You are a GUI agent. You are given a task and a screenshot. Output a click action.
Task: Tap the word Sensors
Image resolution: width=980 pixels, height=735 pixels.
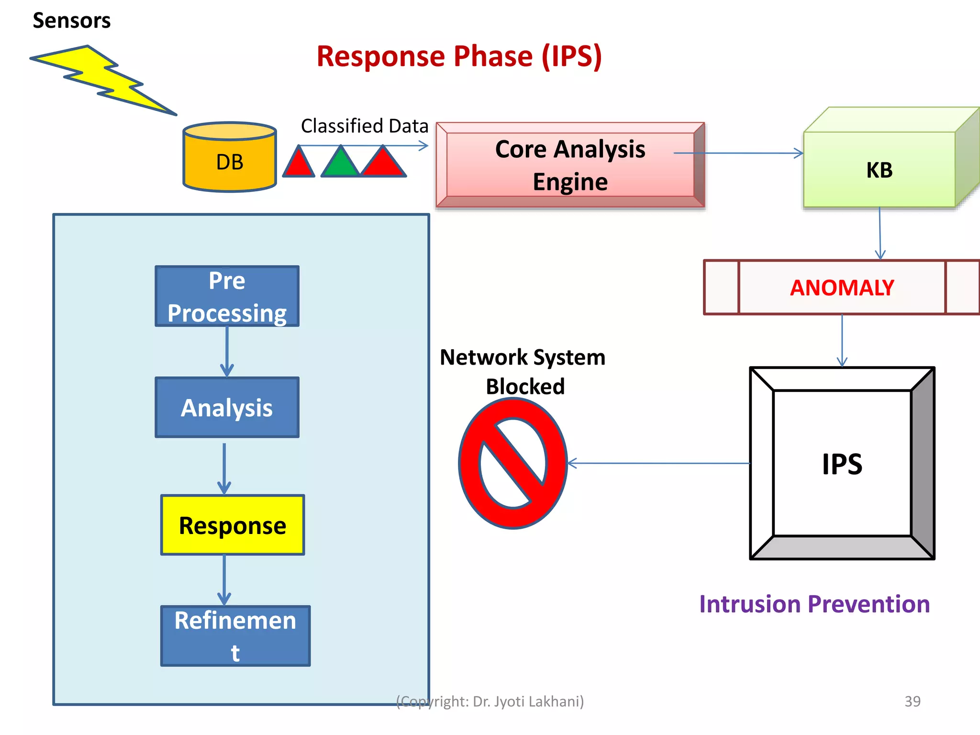click(x=71, y=21)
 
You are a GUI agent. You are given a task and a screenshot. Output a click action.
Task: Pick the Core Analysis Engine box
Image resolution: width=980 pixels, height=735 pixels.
click(x=569, y=165)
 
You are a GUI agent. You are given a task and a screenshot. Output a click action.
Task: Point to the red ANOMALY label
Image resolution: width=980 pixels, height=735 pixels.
click(x=842, y=288)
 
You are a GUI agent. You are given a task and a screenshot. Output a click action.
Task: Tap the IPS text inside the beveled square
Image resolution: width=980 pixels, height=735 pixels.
click(x=842, y=464)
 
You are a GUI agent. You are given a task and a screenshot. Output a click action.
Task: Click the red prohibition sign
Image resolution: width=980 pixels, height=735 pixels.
click(x=513, y=463)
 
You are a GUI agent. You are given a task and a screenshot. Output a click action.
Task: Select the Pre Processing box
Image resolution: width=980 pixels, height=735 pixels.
click(x=227, y=297)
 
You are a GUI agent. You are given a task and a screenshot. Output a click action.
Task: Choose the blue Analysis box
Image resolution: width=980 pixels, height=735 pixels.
click(x=227, y=408)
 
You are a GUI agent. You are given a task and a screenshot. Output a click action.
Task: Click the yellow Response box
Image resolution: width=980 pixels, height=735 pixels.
click(x=233, y=525)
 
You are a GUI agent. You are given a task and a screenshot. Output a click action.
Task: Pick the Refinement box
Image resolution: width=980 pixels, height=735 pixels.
click(x=235, y=636)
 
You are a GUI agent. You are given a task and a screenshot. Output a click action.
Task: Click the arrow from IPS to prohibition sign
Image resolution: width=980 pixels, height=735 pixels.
click(x=660, y=463)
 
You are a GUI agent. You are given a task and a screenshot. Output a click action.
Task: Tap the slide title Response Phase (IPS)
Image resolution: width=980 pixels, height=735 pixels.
click(x=459, y=56)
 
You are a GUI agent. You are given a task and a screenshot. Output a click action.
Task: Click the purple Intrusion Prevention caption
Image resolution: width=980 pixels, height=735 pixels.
click(x=814, y=604)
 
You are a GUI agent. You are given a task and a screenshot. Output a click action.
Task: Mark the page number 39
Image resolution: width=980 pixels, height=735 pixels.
click(x=912, y=701)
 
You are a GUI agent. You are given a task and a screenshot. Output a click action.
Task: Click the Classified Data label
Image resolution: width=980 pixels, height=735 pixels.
click(x=364, y=126)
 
